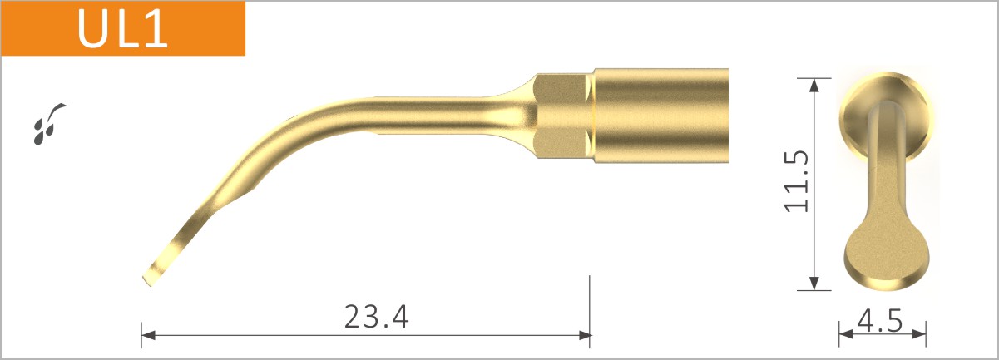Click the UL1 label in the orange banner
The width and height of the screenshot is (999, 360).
[122, 29]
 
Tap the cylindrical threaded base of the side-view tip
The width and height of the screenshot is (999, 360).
[661, 115]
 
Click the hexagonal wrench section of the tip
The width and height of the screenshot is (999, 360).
[563, 115]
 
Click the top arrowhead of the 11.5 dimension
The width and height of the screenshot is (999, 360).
[815, 84]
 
